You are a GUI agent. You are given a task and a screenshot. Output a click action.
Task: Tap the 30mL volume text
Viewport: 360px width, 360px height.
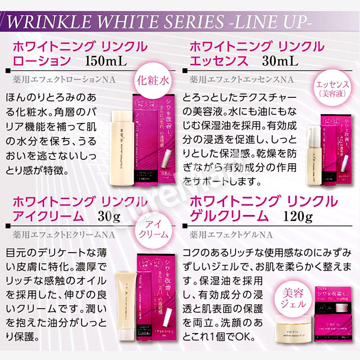click(x=280, y=61)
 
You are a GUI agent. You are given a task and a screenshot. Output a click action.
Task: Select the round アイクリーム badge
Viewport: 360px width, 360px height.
click(x=156, y=230)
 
